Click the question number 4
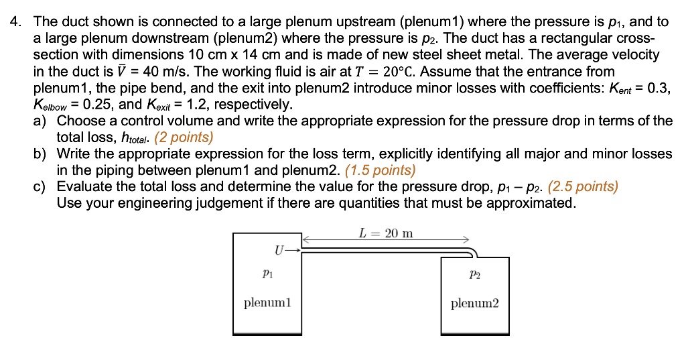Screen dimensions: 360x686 click(x=13, y=23)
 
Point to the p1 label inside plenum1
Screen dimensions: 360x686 click(x=267, y=274)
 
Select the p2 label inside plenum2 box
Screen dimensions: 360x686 click(x=475, y=275)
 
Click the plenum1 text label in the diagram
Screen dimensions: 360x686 click(x=267, y=303)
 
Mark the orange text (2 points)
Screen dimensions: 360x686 click(x=184, y=137)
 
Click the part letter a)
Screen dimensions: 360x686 click(x=41, y=121)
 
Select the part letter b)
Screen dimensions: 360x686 click(x=41, y=154)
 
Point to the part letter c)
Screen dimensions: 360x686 click(x=41, y=186)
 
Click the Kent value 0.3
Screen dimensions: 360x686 click(x=658, y=88)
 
